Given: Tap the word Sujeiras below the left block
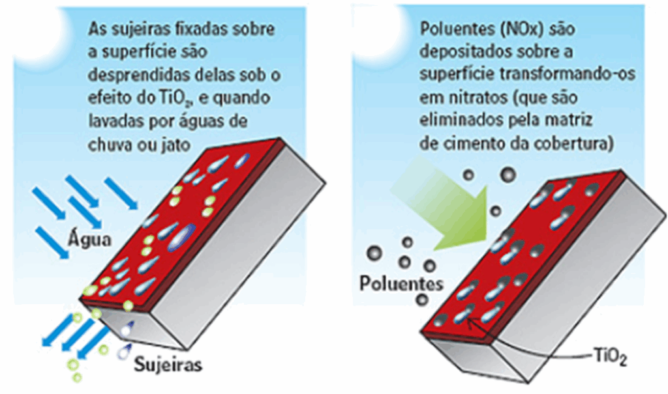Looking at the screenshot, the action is click(168, 365).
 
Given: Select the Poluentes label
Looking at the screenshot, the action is click(401, 283).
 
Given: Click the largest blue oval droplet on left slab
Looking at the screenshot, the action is click(181, 238).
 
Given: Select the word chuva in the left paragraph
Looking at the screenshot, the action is click(110, 145).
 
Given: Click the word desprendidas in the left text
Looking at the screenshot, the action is click(139, 76).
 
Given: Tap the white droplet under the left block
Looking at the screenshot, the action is click(126, 330).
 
